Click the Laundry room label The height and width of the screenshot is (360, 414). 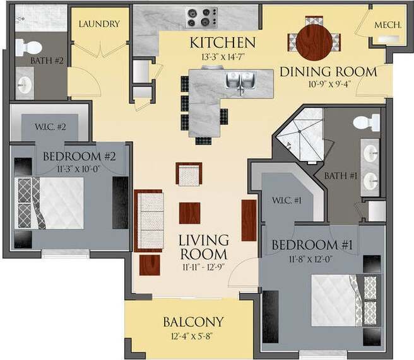tap(98, 24)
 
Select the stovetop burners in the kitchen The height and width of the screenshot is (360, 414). tap(201, 17)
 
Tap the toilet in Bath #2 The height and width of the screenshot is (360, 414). tap(27, 47)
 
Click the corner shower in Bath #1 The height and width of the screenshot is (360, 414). tap(302, 136)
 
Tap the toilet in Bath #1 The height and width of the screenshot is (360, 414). tap(367, 122)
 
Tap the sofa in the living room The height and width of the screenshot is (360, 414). tap(150, 220)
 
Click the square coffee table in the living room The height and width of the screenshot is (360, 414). tap(189, 212)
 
